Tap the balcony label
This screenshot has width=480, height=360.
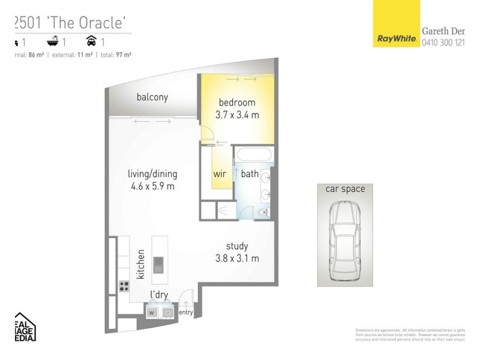[152, 97]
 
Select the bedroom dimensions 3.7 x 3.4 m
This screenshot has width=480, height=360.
[237, 115]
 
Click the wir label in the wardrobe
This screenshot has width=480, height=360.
[220, 175]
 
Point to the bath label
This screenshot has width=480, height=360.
[250, 175]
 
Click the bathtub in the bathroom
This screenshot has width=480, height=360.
[252, 154]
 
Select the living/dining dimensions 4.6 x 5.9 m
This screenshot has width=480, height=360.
[152, 186]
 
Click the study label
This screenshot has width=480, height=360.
[237, 247]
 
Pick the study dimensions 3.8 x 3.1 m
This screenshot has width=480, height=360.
[237, 259]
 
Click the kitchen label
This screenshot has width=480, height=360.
[141, 265]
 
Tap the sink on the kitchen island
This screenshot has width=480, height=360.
[158, 265]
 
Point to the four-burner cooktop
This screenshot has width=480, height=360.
[125, 286]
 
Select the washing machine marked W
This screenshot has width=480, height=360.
[152, 312]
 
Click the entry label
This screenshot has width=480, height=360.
[186, 312]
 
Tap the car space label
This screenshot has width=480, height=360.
[345, 190]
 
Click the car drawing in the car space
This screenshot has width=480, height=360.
[345, 243]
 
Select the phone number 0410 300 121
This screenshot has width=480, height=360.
[443, 43]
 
